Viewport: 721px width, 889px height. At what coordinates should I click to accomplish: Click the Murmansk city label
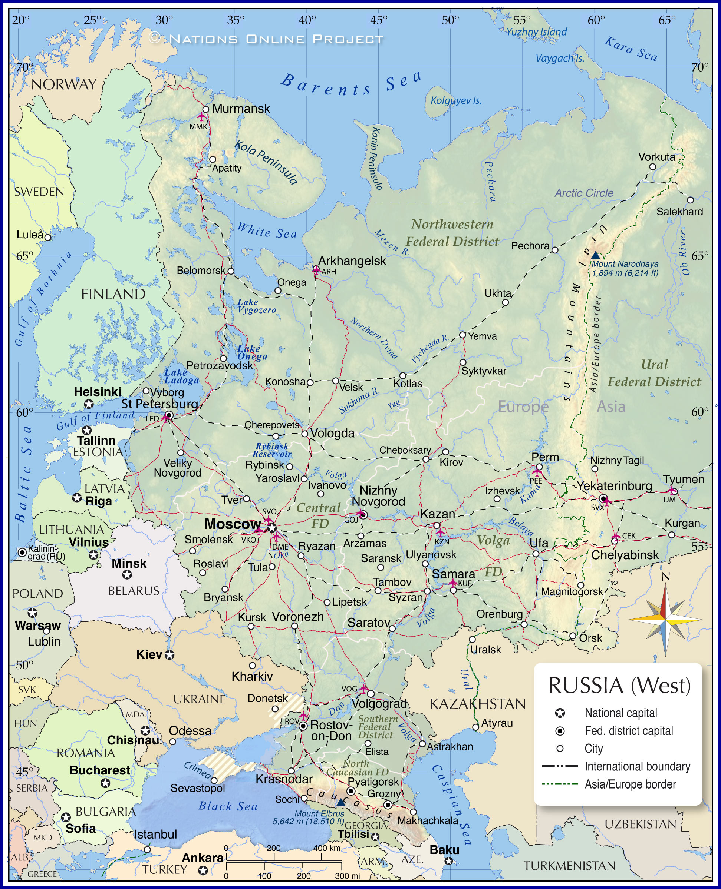tap(241, 109)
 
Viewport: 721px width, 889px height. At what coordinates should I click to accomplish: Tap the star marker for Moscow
tap(271, 527)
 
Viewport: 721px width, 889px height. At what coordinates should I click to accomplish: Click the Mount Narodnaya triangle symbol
tap(595, 255)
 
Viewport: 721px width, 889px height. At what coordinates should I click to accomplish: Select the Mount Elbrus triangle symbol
tap(340, 802)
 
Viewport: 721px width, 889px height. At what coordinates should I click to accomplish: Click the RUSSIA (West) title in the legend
tap(619, 686)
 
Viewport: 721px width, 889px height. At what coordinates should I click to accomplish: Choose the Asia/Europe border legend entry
tap(630, 784)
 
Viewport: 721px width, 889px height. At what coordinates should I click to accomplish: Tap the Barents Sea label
tap(351, 85)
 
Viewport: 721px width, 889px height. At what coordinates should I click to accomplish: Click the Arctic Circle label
tap(583, 193)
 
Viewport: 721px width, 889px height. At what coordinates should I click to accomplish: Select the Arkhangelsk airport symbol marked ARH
tap(316, 270)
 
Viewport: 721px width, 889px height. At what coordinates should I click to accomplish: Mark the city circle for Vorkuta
tap(652, 167)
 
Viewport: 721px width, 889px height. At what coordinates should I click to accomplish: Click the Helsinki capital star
tap(89, 404)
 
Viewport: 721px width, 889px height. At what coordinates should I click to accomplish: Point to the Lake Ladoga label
tap(181, 376)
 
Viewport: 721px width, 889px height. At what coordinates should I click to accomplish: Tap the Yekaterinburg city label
tap(613, 485)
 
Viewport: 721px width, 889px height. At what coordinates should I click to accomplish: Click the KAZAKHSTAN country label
tap(478, 704)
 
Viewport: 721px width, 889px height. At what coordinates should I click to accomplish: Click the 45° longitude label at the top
tap(378, 20)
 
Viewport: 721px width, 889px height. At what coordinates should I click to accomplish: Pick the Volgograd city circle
tap(371, 693)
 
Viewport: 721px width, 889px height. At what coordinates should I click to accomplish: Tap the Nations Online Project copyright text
tap(266, 39)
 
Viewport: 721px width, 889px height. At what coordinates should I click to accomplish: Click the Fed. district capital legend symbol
tap(560, 731)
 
